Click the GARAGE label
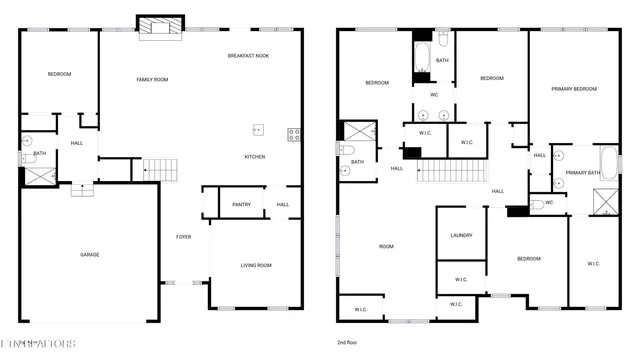coord(89,255)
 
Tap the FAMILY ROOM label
coord(152,79)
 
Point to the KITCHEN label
coord(255,157)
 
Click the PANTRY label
coord(241,205)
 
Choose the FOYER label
coord(184,237)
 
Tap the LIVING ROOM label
coord(256,265)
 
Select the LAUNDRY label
coord(461,236)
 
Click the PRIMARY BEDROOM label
coord(574,89)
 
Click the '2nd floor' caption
coord(348,343)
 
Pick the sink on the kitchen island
coord(258,129)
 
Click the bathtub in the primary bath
coord(608,163)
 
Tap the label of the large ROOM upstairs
coord(385,246)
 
